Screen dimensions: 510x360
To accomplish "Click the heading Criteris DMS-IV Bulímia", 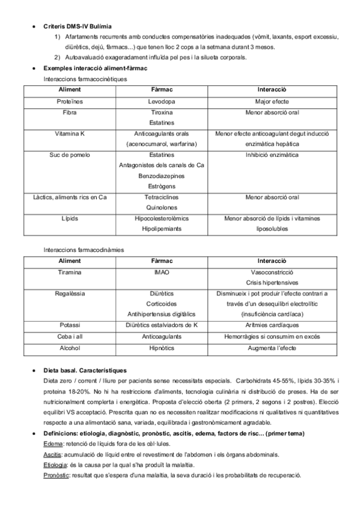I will pos(77,27).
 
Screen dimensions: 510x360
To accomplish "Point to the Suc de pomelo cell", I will pos(69,155).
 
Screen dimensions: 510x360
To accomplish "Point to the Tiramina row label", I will pos(69,272).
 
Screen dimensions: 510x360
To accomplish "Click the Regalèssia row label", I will pos(69,293).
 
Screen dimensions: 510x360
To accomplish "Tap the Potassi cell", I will pos(69,325).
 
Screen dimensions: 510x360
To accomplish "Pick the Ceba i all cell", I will pos(69,336).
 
